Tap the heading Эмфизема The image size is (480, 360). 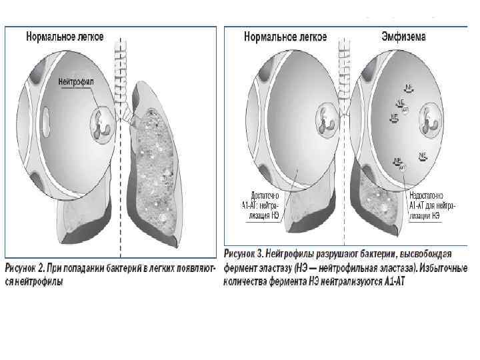[403, 37]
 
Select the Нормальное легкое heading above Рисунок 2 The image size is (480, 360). [65, 37]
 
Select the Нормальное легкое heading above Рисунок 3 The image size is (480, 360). [286, 37]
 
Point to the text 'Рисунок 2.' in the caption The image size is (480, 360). [26, 268]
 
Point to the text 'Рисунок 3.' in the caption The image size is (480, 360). [243, 254]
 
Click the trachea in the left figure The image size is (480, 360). [120, 73]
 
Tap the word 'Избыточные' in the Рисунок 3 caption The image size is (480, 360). [443, 268]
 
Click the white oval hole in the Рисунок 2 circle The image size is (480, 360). [46, 121]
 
